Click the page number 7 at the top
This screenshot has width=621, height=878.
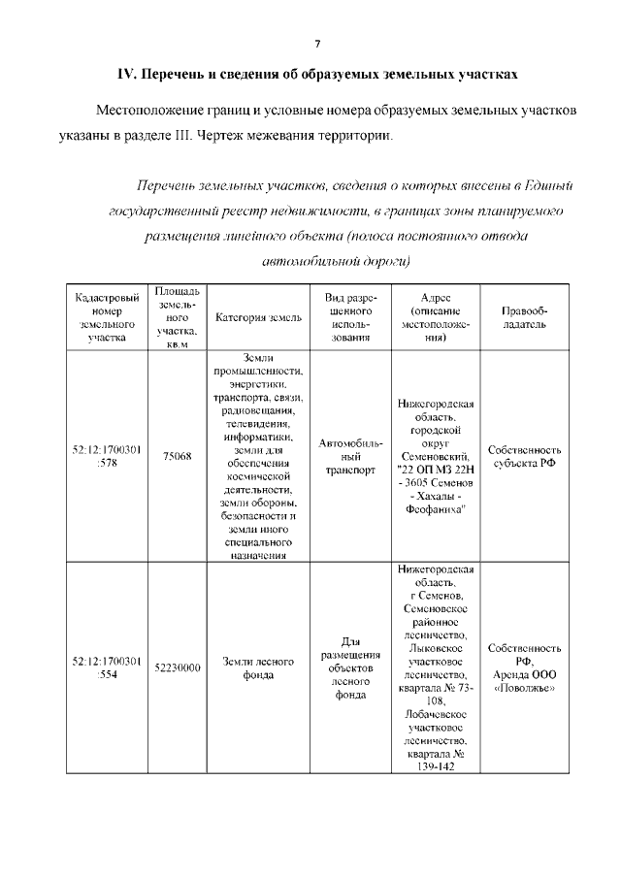coord(316,43)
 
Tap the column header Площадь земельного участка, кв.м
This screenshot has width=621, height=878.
coord(178,317)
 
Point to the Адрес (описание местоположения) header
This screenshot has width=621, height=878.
coord(436,317)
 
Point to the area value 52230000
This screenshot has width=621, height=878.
coord(178,667)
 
